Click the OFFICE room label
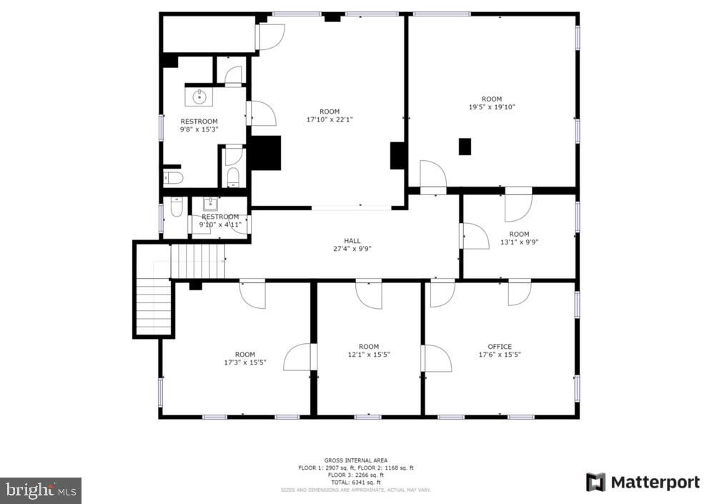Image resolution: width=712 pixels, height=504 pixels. click(499, 347)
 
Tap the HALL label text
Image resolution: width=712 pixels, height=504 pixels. click(352, 241)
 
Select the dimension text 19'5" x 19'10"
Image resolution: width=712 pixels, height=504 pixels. click(491, 107)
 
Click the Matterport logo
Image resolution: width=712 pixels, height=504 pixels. click(643, 483)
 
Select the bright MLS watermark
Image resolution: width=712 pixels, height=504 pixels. click(41, 490)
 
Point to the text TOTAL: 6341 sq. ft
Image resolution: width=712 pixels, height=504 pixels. click(355, 483)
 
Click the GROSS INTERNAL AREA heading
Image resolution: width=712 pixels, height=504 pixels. click(355, 460)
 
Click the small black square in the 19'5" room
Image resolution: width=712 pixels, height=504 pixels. click(465, 146)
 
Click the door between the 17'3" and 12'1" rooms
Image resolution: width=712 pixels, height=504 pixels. click(299, 357)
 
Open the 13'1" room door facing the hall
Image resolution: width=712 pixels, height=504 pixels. click(475, 237)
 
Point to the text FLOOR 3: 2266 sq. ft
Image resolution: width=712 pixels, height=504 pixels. click(355, 475)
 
